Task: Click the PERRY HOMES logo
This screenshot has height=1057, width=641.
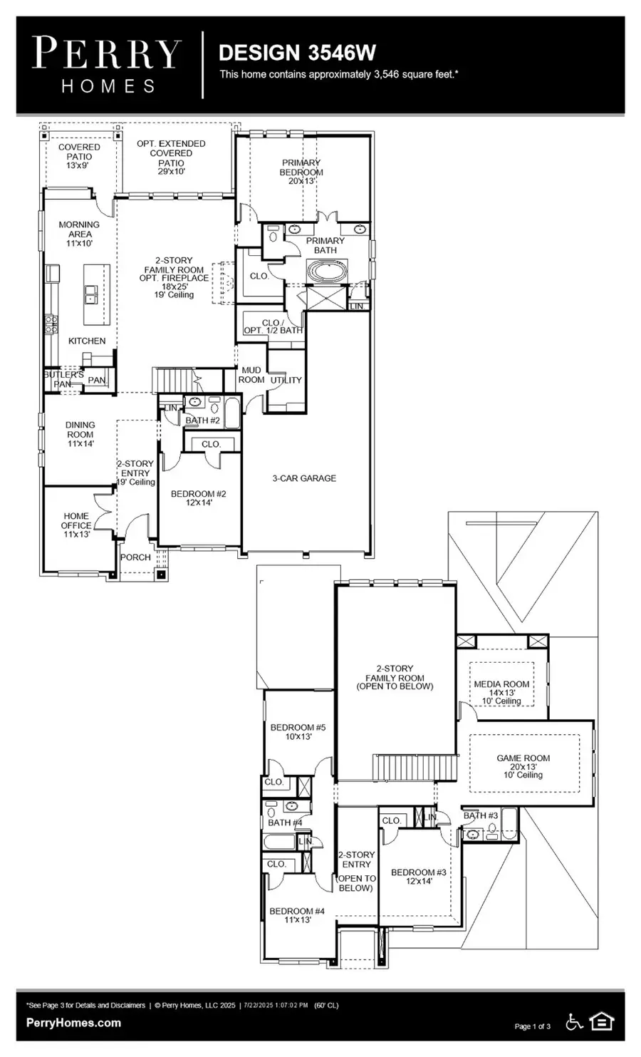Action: pos(108,65)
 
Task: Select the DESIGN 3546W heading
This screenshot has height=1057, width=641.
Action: pos(297,52)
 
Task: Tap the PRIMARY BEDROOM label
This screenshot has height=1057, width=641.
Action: pos(301,172)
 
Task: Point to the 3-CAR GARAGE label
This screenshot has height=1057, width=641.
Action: pos(304,478)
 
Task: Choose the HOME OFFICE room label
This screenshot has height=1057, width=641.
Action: pos(76,525)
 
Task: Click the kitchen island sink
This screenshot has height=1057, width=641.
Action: pos(91,293)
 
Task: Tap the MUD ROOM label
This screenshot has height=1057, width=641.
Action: pos(251,375)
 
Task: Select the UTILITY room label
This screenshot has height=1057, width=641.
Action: pos(286,381)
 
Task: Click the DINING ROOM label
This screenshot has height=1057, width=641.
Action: pos(80,434)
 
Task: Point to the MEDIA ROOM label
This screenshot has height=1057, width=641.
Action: pos(501,692)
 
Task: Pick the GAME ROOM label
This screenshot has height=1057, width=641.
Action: pos(523,766)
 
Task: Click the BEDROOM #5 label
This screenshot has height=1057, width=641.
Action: pos(298,732)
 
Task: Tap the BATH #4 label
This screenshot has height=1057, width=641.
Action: pos(285,823)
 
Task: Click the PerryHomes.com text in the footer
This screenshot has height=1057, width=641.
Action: pos(73,1023)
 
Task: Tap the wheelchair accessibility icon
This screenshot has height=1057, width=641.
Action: pos(574,1022)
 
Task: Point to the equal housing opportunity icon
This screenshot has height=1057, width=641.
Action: pos(603,1022)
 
